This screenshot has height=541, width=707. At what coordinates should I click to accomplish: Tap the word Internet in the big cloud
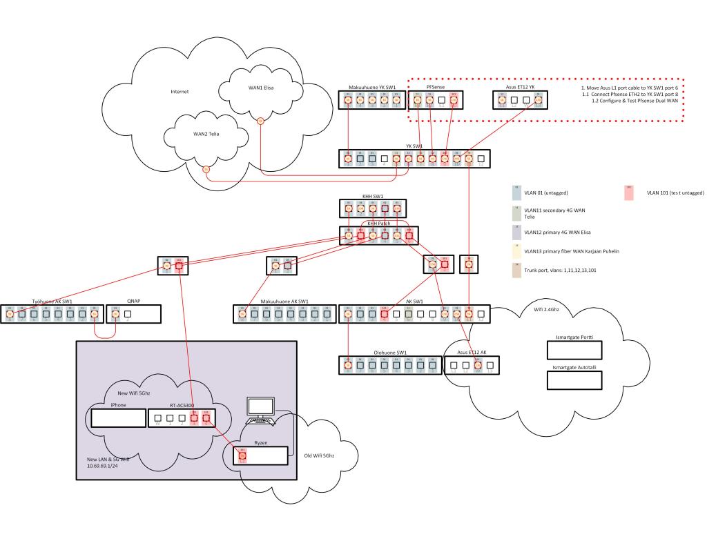pyautogui.click(x=180, y=91)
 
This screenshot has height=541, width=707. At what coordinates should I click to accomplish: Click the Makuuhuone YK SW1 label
pyautogui.click(x=373, y=88)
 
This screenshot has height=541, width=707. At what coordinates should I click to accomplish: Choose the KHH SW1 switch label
pyautogui.click(x=373, y=196)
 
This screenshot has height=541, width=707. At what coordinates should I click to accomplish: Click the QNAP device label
pyautogui.click(x=134, y=301)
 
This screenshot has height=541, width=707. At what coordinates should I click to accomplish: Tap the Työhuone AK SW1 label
pyautogui.click(x=52, y=301)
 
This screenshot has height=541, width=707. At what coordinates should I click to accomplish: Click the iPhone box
pyautogui.click(x=117, y=417)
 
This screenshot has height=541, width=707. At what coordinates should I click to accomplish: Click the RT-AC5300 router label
pyautogui.click(x=181, y=405)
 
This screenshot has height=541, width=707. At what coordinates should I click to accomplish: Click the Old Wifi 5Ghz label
pyautogui.click(x=321, y=455)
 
